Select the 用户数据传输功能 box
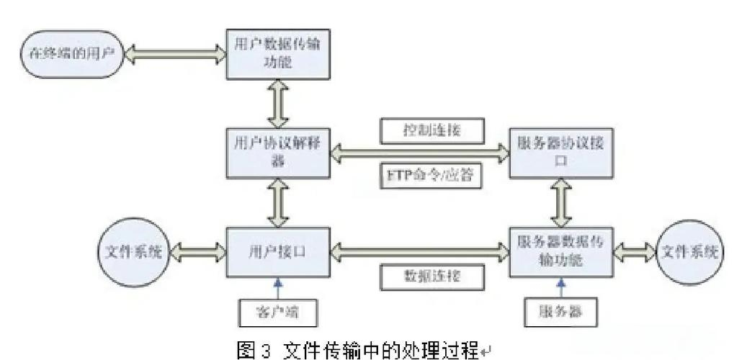(278, 54)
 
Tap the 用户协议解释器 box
(278, 153)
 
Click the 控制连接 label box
(431, 130)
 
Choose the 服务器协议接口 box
(560, 153)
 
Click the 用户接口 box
(278, 252)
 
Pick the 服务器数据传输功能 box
(560, 252)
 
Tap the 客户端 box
(277, 312)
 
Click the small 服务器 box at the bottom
(560, 312)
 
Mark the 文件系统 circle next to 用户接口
(130, 252)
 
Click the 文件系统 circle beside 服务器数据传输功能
(690, 252)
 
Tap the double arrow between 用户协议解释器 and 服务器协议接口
(419, 152)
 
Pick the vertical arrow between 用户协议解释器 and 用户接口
(278, 202)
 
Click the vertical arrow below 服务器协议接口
(561, 202)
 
